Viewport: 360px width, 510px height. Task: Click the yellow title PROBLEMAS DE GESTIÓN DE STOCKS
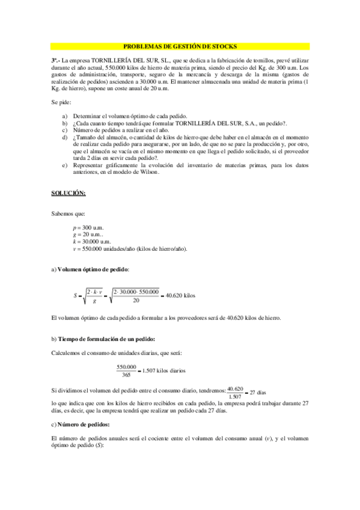pos(180,46)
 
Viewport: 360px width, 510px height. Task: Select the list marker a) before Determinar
pos(65,115)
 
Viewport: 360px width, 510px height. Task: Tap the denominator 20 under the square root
pos(136,301)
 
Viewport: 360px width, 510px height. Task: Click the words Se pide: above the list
pos(61,102)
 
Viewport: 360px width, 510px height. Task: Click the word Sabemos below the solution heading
pos(63,213)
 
